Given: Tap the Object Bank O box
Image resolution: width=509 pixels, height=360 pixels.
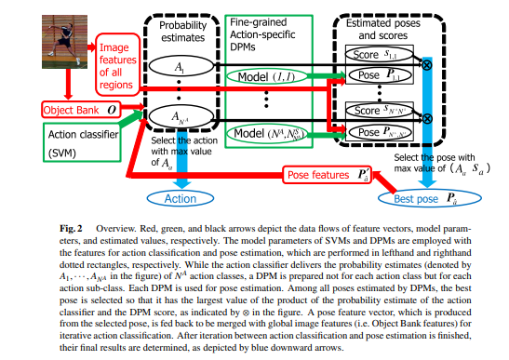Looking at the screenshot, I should [70, 109].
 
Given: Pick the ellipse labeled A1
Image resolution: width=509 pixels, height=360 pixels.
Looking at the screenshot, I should [179, 68].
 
